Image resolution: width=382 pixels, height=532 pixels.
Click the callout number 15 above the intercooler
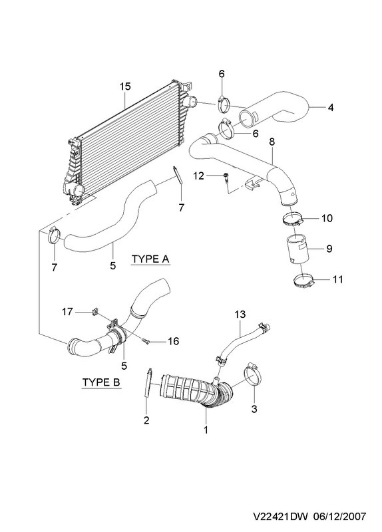pyautogui.click(x=125, y=86)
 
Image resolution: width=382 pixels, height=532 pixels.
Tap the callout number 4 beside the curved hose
pyautogui.click(x=330, y=107)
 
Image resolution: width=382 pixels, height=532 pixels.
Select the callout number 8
pyautogui.click(x=272, y=142)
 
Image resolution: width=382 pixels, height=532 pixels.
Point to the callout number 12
pyautogui.click(x=198, y=176)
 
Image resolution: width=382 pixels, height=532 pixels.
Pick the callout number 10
pyautogui.click(x=327, y=218)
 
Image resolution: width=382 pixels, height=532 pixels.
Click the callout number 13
pyautogui.click(x=240, y=314)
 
